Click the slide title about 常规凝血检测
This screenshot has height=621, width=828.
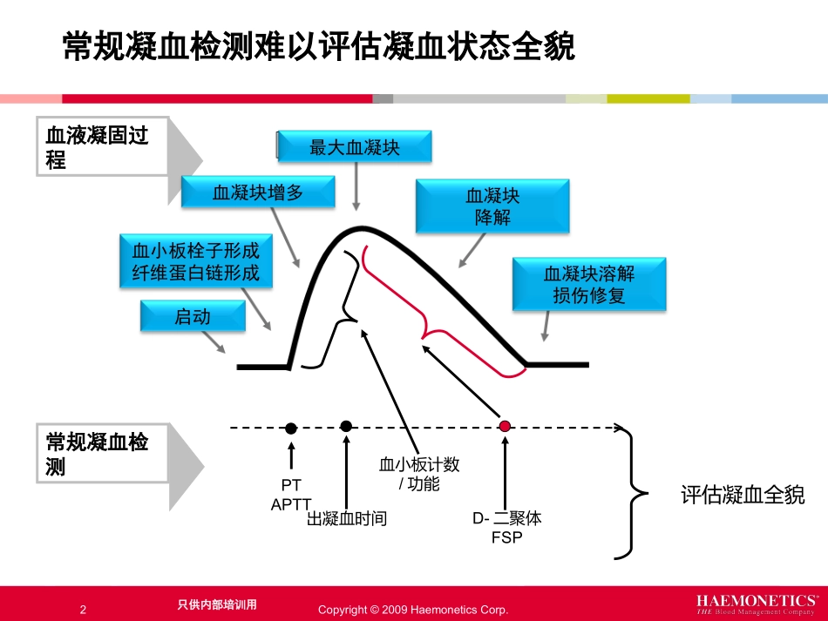click(319, 46)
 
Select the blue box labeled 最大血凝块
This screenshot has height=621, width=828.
click(355, 147)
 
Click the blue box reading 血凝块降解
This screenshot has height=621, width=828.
click(492, 207)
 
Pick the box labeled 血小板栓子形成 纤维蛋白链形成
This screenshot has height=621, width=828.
click(196, 261)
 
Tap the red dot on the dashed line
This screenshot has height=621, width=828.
click(505, 426)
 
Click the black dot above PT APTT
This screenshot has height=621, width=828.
click(291, 428)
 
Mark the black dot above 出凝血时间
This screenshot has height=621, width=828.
click(346, 426)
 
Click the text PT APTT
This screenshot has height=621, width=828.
click(290, 494)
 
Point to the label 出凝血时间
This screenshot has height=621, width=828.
click(346, 519)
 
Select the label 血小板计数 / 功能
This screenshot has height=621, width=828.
click(419, 474)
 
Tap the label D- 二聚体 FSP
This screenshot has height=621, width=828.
click(506, 527)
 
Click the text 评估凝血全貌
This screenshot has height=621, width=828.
click(743, 496)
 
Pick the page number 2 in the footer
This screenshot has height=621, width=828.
click(83, 610)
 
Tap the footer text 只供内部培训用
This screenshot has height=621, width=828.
click(217, 604)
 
